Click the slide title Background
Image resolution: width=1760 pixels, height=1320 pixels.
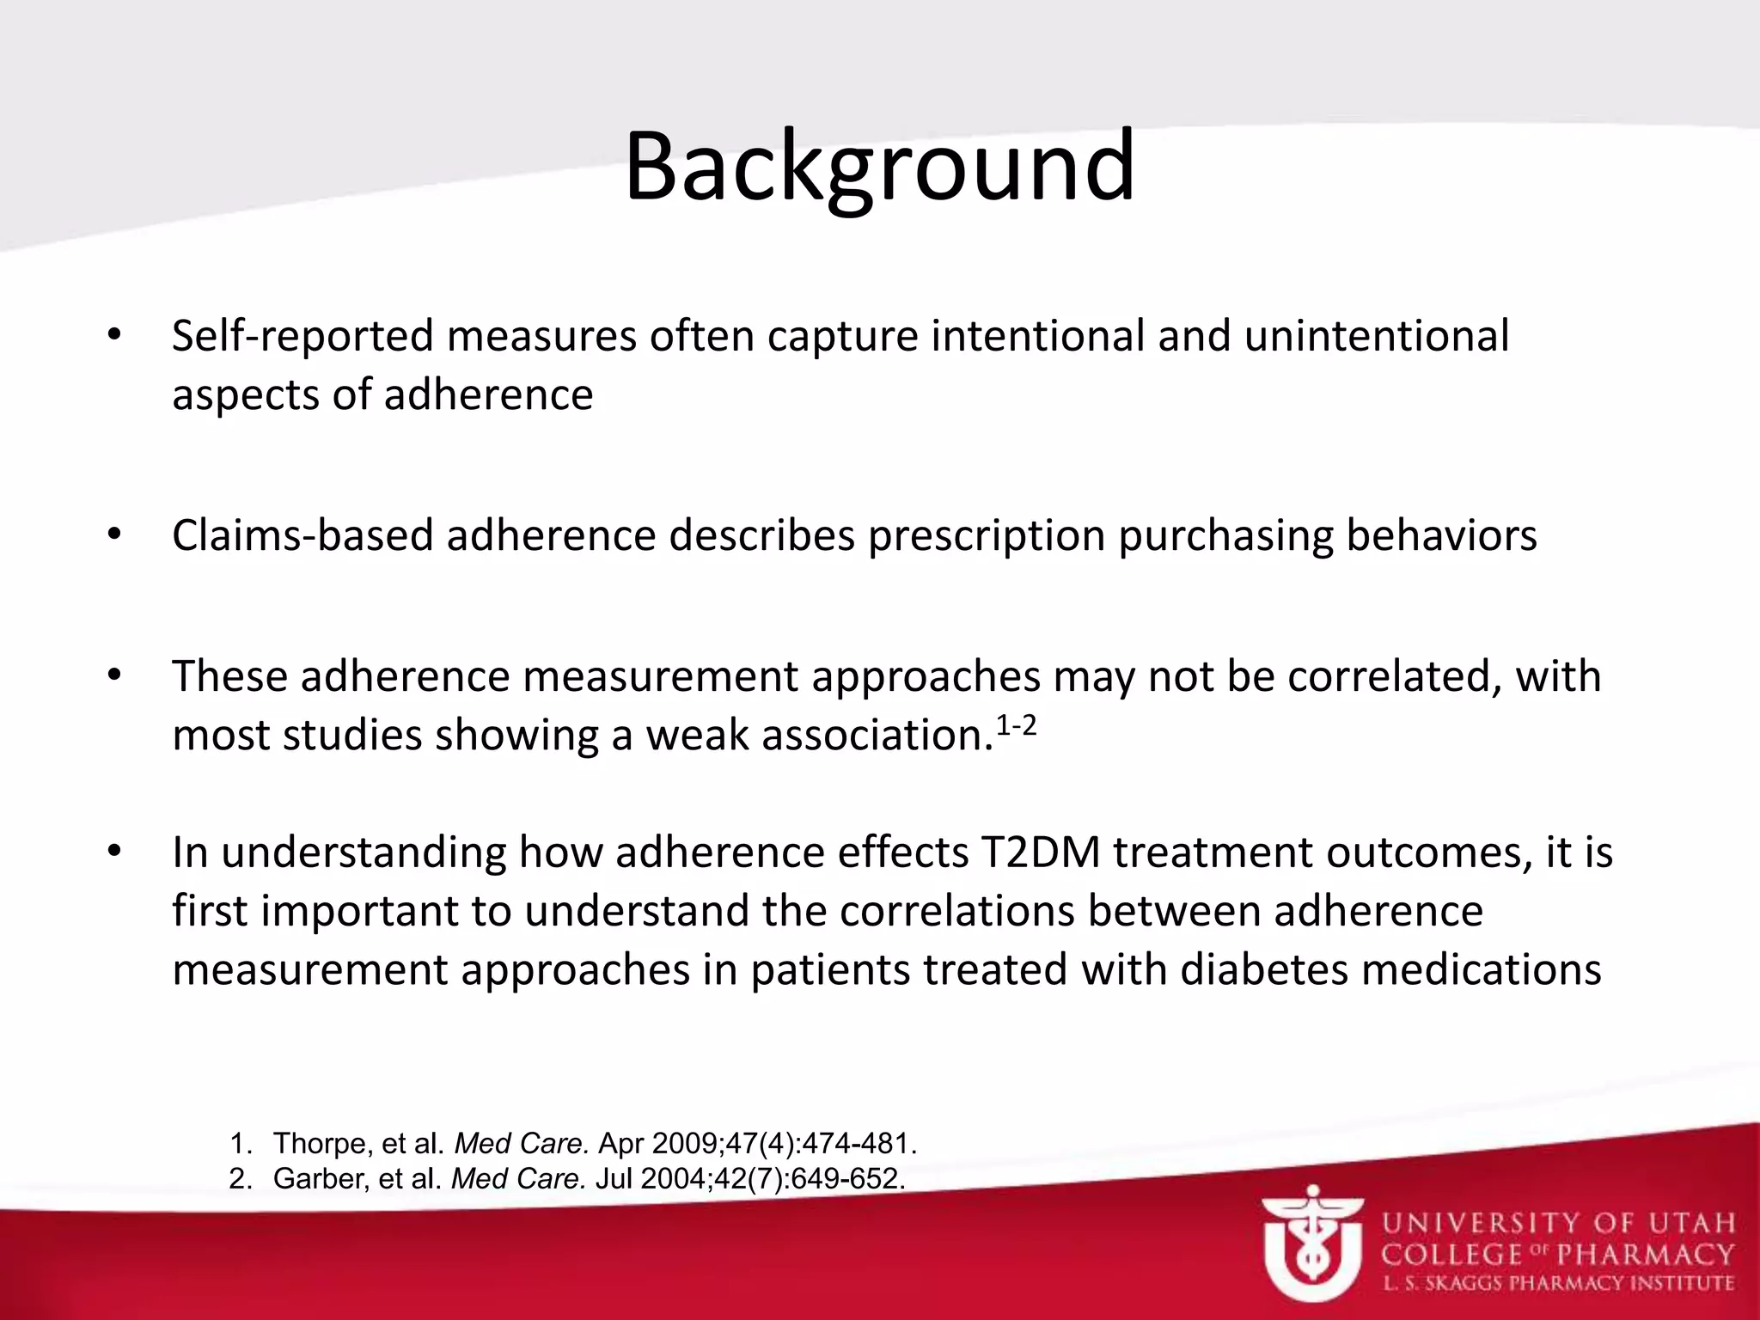pos(879,168)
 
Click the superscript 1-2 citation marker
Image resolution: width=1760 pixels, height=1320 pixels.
pos(1016,727)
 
